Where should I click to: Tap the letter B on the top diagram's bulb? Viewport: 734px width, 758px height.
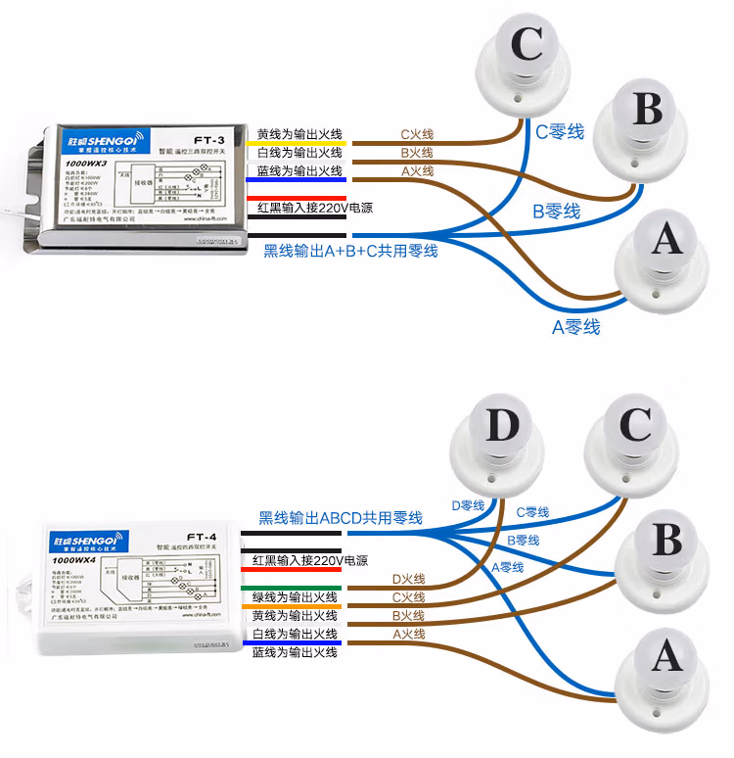647,109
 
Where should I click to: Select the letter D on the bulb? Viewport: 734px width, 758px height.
502,426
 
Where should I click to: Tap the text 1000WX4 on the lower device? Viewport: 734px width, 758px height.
75,560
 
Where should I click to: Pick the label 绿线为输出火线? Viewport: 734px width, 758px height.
295,597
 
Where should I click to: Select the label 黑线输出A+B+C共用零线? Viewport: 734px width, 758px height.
350,251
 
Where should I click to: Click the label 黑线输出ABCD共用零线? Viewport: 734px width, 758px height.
340,517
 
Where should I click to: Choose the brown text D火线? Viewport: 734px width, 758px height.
408,580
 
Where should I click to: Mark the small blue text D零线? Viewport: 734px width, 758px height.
468,505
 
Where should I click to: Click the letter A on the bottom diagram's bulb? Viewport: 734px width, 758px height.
667,658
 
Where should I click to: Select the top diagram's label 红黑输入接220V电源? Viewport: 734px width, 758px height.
315,209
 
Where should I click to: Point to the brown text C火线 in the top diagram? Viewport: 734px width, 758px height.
417,134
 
